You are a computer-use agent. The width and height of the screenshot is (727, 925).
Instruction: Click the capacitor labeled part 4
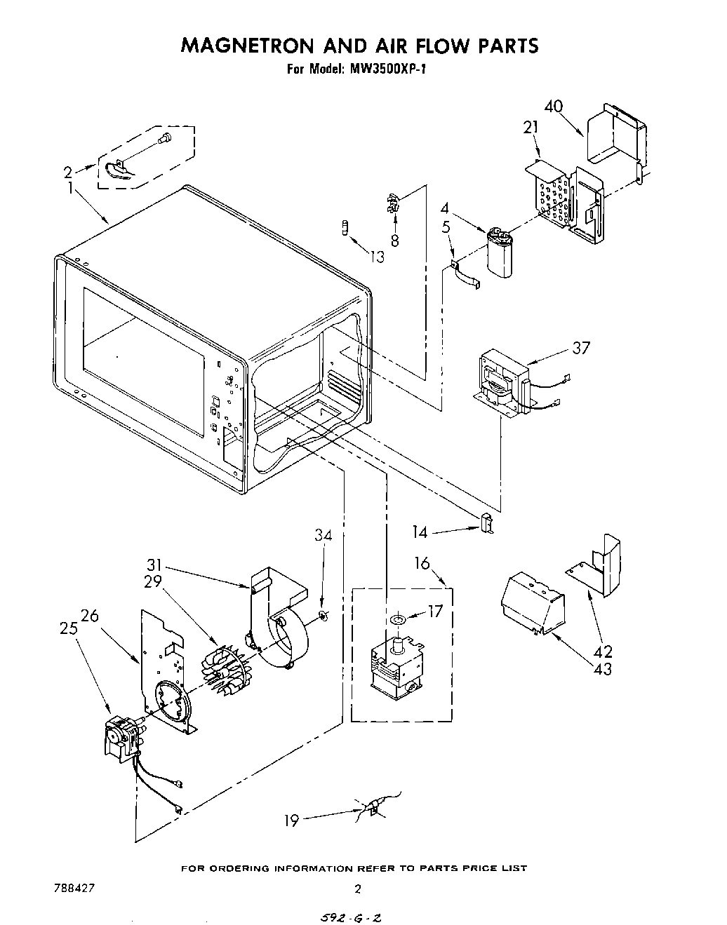pos(500,253)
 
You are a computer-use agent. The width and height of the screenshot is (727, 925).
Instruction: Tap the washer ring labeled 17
pos(399,619)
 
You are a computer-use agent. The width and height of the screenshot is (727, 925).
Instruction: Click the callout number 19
pos(292,820)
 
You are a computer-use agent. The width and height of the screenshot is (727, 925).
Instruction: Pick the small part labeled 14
pos(486,524)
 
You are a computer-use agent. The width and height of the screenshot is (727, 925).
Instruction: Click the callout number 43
pos(601,669)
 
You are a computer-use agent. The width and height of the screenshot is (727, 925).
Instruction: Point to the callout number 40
pos(553,107)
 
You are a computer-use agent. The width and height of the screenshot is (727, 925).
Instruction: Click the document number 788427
pos(74,887)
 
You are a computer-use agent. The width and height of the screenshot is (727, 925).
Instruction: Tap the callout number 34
pos(323,536)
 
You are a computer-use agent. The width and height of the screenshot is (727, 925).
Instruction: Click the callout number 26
pos(90,616)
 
